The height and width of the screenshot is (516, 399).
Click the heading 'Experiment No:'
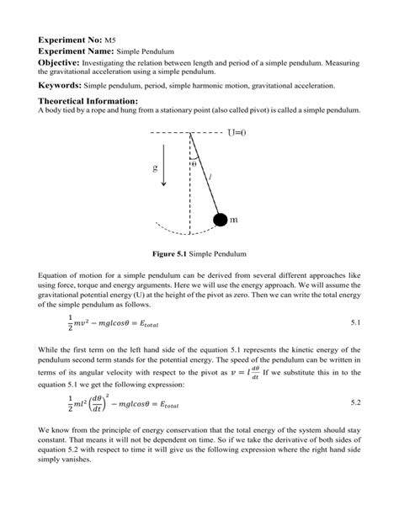tap(70, 40)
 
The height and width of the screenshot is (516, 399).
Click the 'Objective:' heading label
tap(66, 63)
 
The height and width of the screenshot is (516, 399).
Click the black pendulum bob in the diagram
tap(220, 220)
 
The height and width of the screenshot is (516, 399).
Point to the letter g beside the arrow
tap(155, 168)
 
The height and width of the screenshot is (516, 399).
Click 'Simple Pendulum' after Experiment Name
tap(142, 52)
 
